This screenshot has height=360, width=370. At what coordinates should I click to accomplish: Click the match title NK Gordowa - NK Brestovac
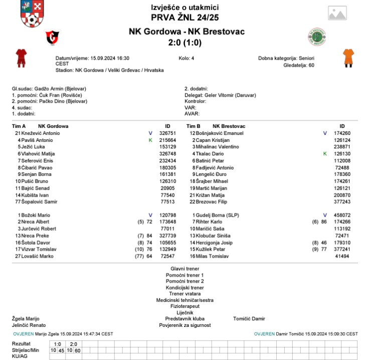point(184,32)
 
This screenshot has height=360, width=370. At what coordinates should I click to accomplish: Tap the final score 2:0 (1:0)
point(184,43)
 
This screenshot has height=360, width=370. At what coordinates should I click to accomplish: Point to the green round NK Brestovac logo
point(317,37)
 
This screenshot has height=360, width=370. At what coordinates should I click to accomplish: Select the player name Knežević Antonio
point(40,133)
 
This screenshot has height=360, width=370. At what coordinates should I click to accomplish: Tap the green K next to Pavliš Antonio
point(150,140)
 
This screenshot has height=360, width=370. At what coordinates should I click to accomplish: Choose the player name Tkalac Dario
point(209,154)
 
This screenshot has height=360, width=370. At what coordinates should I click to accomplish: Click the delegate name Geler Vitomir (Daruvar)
point(230,95)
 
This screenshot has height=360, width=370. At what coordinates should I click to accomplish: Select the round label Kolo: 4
point(186,58)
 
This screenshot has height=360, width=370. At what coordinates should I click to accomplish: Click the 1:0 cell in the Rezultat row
point(57,344)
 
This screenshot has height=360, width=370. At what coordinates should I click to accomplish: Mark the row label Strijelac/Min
point(26,350)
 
